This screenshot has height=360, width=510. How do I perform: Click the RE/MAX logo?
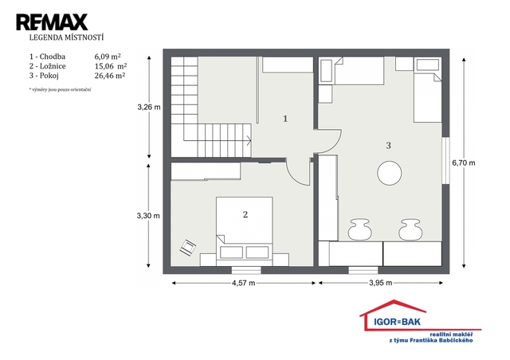[52, 22]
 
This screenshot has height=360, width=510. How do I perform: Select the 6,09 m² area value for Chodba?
[108, 57]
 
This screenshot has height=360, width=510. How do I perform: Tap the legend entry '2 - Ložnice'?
[48, 66]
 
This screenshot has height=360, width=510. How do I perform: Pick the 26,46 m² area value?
[110, 76]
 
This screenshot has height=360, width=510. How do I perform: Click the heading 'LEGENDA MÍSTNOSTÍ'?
[66, 37]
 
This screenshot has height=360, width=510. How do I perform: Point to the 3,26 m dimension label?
[149, 107]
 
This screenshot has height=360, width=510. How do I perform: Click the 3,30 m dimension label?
[148, 216]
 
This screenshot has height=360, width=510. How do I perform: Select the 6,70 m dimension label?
[464, 163]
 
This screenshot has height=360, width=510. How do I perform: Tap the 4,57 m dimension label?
[243, 283]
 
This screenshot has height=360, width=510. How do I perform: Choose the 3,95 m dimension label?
[381, 283]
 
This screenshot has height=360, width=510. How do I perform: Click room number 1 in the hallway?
[285, 119]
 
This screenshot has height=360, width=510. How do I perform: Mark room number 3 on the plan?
[388, 146]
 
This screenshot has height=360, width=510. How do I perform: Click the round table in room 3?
[390, 174]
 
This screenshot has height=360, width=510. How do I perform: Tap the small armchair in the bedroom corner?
[188, 248]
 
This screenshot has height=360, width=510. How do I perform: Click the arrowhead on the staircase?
[249, 141]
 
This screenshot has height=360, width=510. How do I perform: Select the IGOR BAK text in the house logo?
[397, 322]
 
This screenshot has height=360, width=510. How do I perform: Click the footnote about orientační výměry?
[60, 89]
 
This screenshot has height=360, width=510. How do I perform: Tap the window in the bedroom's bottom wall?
[246, 270]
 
